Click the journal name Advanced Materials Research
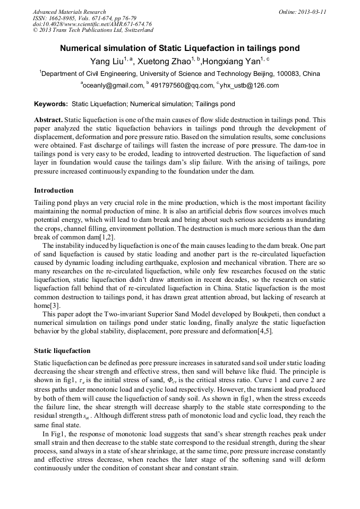(x=70, y=12)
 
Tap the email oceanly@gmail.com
(x=113, y=85)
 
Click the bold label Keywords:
(x=51, y=104)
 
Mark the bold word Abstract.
(x=49, y=120)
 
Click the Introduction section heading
(x=54, y=190)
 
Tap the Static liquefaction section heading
(x=62, y=351)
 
